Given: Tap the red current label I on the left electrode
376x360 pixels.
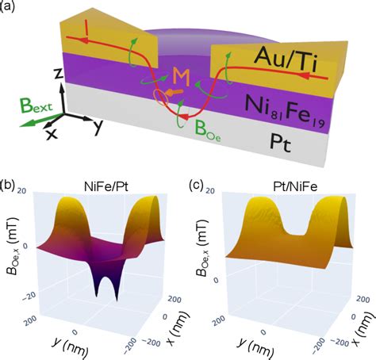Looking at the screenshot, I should coord(86,30).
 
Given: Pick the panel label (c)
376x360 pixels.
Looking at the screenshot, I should coord(200,186).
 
